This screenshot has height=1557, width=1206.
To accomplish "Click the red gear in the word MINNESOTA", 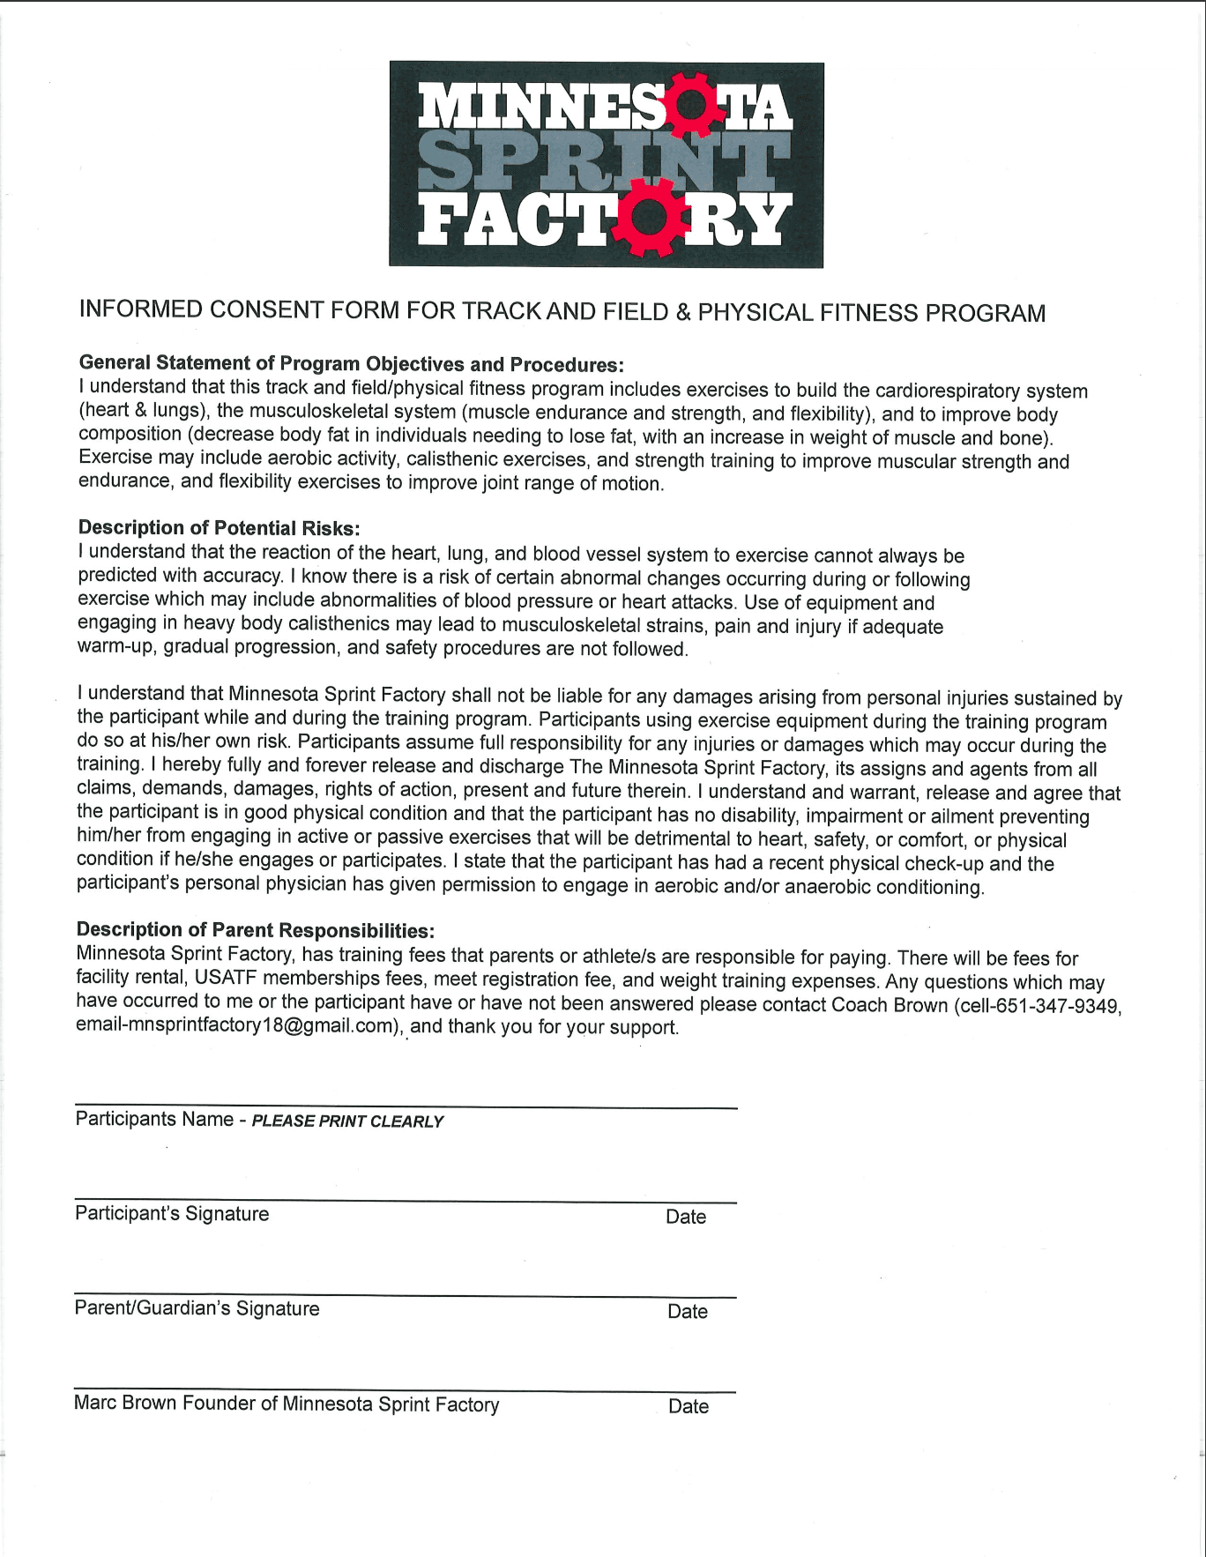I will click(694, 104).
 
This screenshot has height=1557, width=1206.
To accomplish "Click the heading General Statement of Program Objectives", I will click(351, 363).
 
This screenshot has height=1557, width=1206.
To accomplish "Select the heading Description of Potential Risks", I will click(219, 527).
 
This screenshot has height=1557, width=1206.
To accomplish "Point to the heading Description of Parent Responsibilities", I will click(256, 930).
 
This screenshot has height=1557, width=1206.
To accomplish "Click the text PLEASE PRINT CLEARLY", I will click(347, 1121).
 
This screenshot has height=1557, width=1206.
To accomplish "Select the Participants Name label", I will click(154, 1119).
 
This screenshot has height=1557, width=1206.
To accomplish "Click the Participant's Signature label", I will click(172, 1214).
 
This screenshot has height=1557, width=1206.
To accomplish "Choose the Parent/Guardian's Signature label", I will click(197, 1308).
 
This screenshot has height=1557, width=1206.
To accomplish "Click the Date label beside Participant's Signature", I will click(686, 1217).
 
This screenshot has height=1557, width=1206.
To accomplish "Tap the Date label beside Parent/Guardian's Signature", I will click(688, 1312).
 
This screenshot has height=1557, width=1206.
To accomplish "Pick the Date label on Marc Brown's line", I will click(689, 1406).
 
